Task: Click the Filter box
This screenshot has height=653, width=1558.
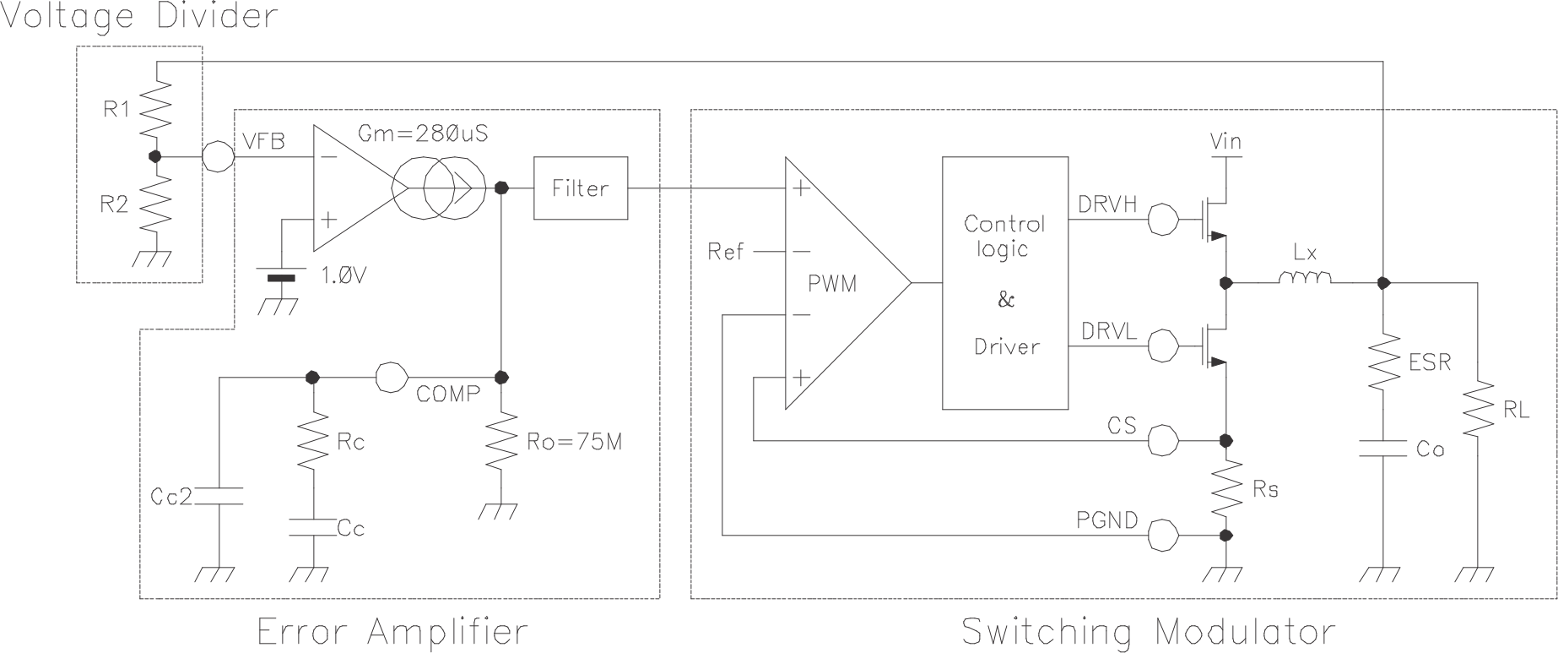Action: pyautogui.click(x=580, y=188)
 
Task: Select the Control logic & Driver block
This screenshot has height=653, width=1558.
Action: pyautogui.click(x=1004, y=284)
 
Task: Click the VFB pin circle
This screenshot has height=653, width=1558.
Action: pyautogui.click(x=218, y=156)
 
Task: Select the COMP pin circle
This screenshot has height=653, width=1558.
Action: pyautogui.click(x=391, y=377)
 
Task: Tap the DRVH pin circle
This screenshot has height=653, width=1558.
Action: pyautogui.click(x=1165, y=220)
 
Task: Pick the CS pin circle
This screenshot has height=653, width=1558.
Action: pyautogui.click(x=1165, y=440)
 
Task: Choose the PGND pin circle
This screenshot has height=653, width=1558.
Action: pyautogui.click(x=1165, y=535)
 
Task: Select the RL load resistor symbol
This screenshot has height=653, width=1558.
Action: pyautogui.click(x=1479, y=410)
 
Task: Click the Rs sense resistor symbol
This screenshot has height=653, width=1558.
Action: pyautogui.click(x=1226, y=487)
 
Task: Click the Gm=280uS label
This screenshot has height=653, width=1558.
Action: pyautogui.click(x=424, y=133)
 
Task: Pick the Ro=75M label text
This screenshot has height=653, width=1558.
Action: pyautogui.click(x=574, y=441)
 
